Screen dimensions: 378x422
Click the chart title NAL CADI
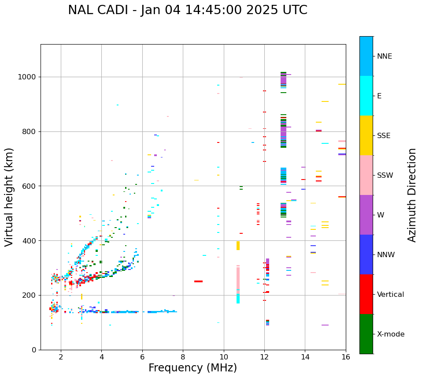pos(187,10)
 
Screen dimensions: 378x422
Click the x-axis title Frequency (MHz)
pos(192,368)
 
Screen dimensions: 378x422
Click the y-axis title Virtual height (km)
pos(9,197)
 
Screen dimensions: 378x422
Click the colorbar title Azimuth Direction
pos(412,195)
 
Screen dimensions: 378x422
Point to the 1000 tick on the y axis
pos(29,77)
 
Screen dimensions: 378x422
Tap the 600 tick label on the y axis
pos(31,186)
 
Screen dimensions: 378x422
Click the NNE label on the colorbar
pos(384,56)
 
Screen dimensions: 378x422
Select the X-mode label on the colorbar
pos(390,334)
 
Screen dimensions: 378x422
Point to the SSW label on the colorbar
pos(385,176)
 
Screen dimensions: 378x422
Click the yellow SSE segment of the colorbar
pos(366,135)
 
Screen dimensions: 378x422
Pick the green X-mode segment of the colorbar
pos(366,334)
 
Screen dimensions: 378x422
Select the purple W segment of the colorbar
pos(366,215)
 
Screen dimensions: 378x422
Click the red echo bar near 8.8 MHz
pos(198,281)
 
